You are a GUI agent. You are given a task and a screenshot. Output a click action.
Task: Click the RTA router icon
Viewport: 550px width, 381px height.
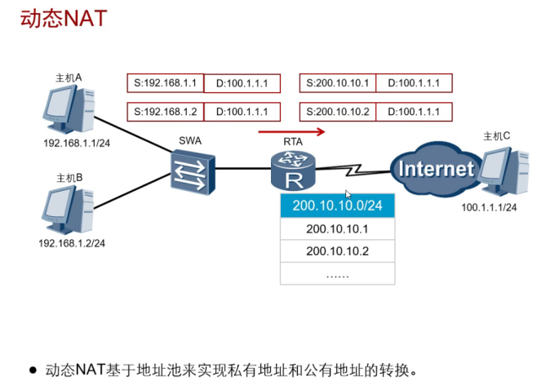point(291,170)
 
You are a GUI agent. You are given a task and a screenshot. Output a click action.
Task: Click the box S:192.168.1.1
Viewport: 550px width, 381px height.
point(166,83)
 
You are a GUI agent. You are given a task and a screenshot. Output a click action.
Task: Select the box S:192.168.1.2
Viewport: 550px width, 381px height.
point(166,112)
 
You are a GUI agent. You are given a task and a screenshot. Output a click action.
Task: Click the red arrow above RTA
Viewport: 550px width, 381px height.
point(291,131)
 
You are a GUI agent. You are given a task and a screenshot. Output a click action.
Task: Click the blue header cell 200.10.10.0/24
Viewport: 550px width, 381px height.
point(337,205)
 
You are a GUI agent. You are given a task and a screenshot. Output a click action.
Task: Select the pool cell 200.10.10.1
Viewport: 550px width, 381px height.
point(337,228)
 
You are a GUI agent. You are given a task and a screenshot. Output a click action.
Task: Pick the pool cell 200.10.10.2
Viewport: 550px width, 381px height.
point(337,250)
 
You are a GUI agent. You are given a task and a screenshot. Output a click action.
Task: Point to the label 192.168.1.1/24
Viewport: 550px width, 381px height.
point(76,141)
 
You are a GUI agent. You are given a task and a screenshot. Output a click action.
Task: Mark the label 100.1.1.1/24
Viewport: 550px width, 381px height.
point(490,207)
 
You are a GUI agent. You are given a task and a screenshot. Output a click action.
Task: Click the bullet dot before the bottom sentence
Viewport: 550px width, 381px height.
point(33,370)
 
